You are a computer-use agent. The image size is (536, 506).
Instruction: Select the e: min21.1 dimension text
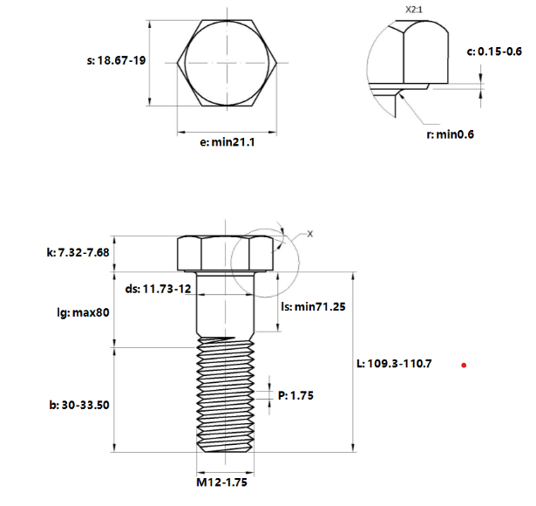227,142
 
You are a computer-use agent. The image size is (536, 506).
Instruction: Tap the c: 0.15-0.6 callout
494,51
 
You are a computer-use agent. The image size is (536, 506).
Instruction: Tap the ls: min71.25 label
315,307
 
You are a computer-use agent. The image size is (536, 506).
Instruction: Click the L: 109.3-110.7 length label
395,363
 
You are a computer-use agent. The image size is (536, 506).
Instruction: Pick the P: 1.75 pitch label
295,395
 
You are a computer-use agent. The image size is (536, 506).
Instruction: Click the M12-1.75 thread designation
227,481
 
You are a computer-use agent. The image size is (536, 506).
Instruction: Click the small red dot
465,365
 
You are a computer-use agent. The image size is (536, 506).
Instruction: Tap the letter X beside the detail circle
309,234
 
